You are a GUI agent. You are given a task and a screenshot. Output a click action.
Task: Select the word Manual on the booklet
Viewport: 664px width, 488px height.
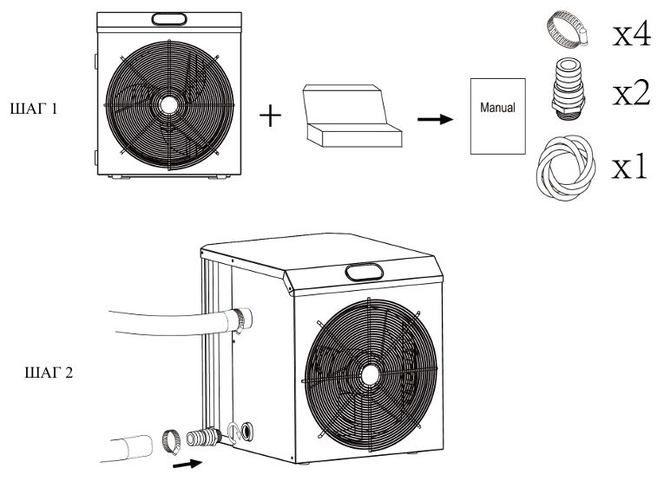[497, 109]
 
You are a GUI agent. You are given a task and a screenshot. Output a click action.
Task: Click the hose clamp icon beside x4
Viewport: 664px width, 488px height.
[564, 30]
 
